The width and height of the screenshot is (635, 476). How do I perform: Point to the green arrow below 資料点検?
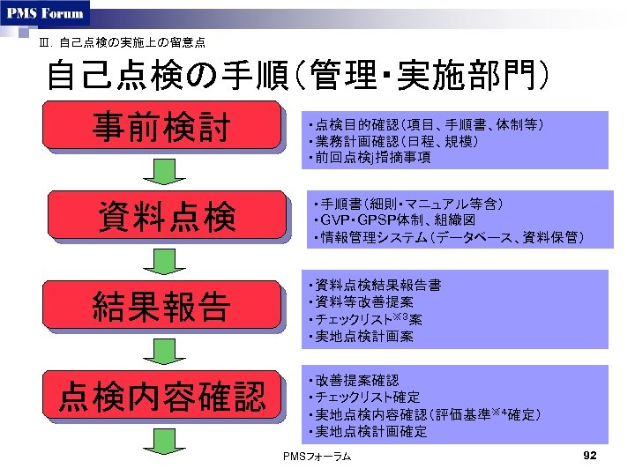[x=161, y=261]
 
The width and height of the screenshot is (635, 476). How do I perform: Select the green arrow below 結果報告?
[x=161, y=352]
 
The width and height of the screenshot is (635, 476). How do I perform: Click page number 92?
[x=591, y=455]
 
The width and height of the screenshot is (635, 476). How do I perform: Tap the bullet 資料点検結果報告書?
[x=375, y=286]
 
